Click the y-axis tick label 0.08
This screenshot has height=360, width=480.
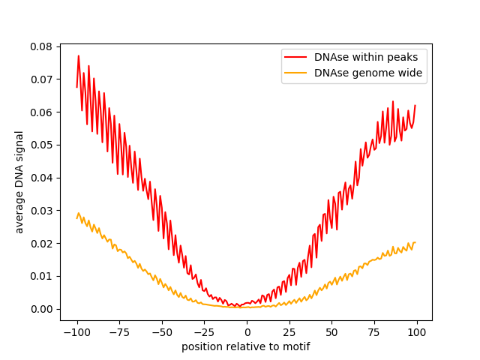pyautogui.click(x=41, y=46)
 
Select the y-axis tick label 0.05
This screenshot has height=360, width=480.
pyautogui.click(x=41, y=145)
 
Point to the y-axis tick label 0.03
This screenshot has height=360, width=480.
pyautogui.click(x=41, y=211)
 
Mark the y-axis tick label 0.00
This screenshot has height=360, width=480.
pyautogui.click(x=41, y=309)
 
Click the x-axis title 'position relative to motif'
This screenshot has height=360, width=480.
pyautogui.click(x=246, y=347)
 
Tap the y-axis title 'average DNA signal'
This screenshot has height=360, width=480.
pyautogui.click(x=19, y=181)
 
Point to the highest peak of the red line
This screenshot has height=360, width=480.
pyautogui.click(x=79, y=55)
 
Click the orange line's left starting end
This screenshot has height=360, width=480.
pyautogui.click(x=77, y=217)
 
